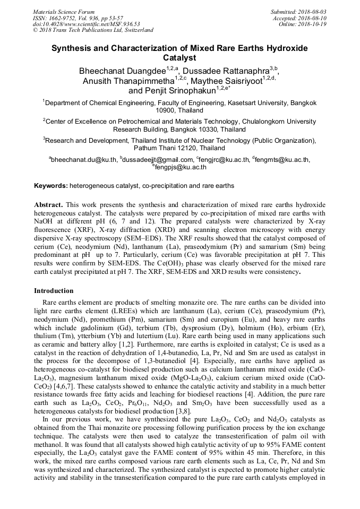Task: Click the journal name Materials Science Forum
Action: click(64, 12)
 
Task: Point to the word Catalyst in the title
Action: click(179, 58)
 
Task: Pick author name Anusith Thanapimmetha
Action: click(128, 81)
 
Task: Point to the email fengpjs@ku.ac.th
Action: click(181, 167)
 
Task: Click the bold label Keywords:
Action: click(51, 186)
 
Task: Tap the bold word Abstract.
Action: click(48, 204)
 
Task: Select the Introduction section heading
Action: click(54, 291)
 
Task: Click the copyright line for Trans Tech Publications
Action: click(93, 30)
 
